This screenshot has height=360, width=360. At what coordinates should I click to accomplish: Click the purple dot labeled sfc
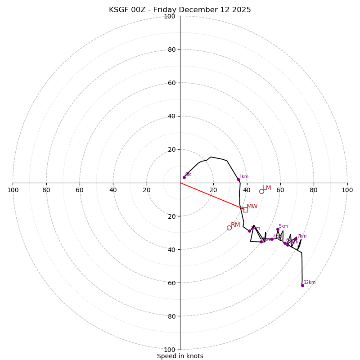(184, 177)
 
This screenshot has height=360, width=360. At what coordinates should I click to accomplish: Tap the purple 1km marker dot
(238, 180)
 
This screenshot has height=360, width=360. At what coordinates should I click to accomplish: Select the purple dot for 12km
(302, 285)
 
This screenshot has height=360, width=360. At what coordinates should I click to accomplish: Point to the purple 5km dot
(278, 229)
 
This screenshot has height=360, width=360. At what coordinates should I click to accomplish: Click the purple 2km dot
(249, 231)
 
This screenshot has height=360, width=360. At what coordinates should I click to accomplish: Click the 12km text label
(310, 283)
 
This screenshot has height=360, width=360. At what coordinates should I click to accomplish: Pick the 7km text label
(301, 236)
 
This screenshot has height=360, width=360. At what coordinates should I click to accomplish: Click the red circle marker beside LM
(261, 191)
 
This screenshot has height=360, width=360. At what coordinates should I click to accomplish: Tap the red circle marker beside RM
(229, 228)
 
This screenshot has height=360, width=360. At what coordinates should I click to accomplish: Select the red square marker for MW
(245, 210)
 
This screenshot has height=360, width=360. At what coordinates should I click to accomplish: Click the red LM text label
(267, 188)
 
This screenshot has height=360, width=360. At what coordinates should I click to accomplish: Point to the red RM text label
(235, 225)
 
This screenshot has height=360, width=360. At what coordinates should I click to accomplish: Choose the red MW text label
(252, 207)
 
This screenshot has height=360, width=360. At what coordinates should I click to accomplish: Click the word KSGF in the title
(119, 10)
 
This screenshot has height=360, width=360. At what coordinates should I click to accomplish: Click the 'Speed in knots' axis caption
(180, 356)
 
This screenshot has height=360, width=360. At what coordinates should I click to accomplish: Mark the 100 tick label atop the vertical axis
(170, 16)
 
